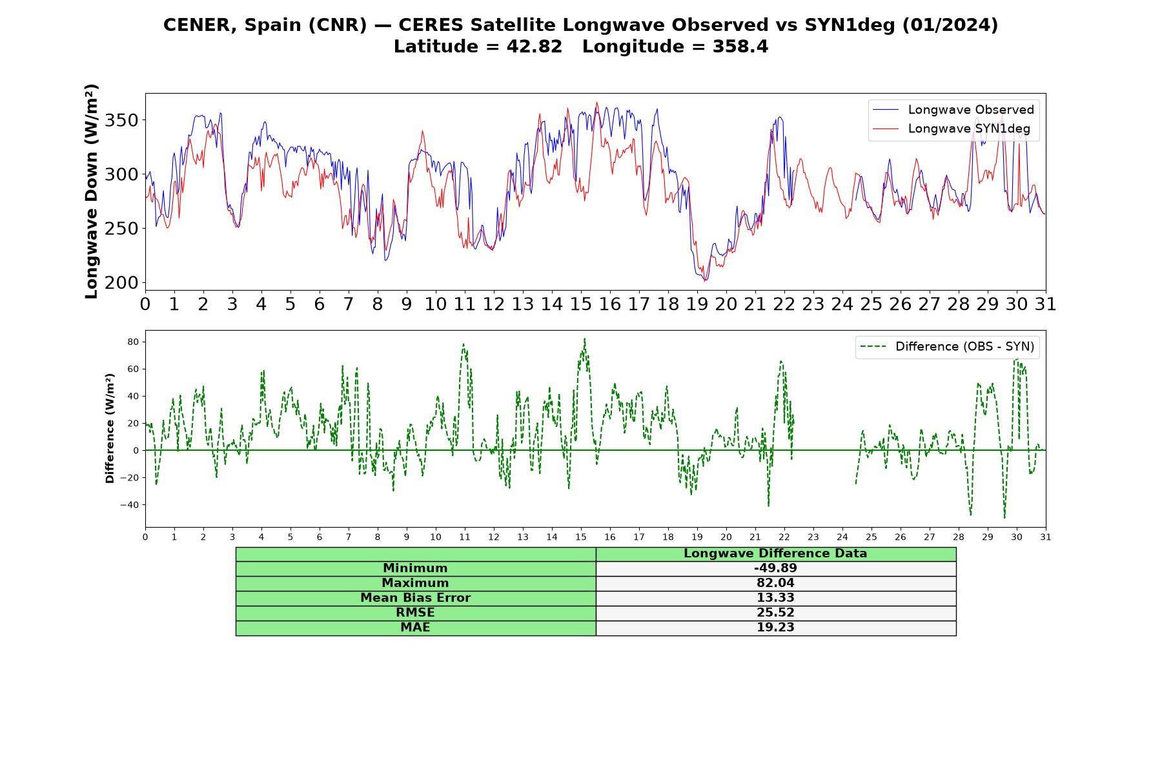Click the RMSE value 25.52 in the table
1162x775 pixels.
click(775, 612)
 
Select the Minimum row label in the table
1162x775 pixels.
click(415, 568)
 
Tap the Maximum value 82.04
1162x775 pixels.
click(775, 583)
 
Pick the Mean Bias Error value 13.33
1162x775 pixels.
click(775, 598)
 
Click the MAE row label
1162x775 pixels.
click(415, 627)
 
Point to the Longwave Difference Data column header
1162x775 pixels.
click(775, 553)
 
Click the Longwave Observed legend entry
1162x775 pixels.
click(953, 110)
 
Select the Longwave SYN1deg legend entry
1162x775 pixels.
click(952, 129)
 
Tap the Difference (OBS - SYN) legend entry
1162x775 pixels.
click(947, 347)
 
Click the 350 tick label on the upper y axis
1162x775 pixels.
click(122, 121)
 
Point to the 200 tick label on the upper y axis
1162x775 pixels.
click(122, 283)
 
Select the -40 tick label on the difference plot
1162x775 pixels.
click(130, 504)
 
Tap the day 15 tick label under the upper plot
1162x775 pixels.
click(580, 304)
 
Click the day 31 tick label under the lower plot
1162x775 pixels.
click(1046, 537)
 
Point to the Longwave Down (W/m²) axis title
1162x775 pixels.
click(92, 191)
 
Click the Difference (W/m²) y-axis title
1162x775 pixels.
click(110, 428)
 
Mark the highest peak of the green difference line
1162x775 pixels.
click(584, 338)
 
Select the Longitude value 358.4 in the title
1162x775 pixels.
click(740, 47)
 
